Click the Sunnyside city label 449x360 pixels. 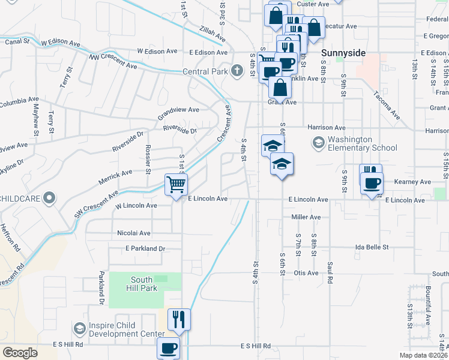pos(343,53)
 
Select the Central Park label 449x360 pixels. pos(205,71)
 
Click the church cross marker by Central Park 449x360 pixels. pos(237,71)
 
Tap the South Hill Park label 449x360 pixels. pos(144,284)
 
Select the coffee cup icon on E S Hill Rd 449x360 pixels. pos(168,347)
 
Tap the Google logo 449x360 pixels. pos(20,353)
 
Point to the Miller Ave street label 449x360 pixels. pos(306,217)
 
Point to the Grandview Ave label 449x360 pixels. pos(178,110)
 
